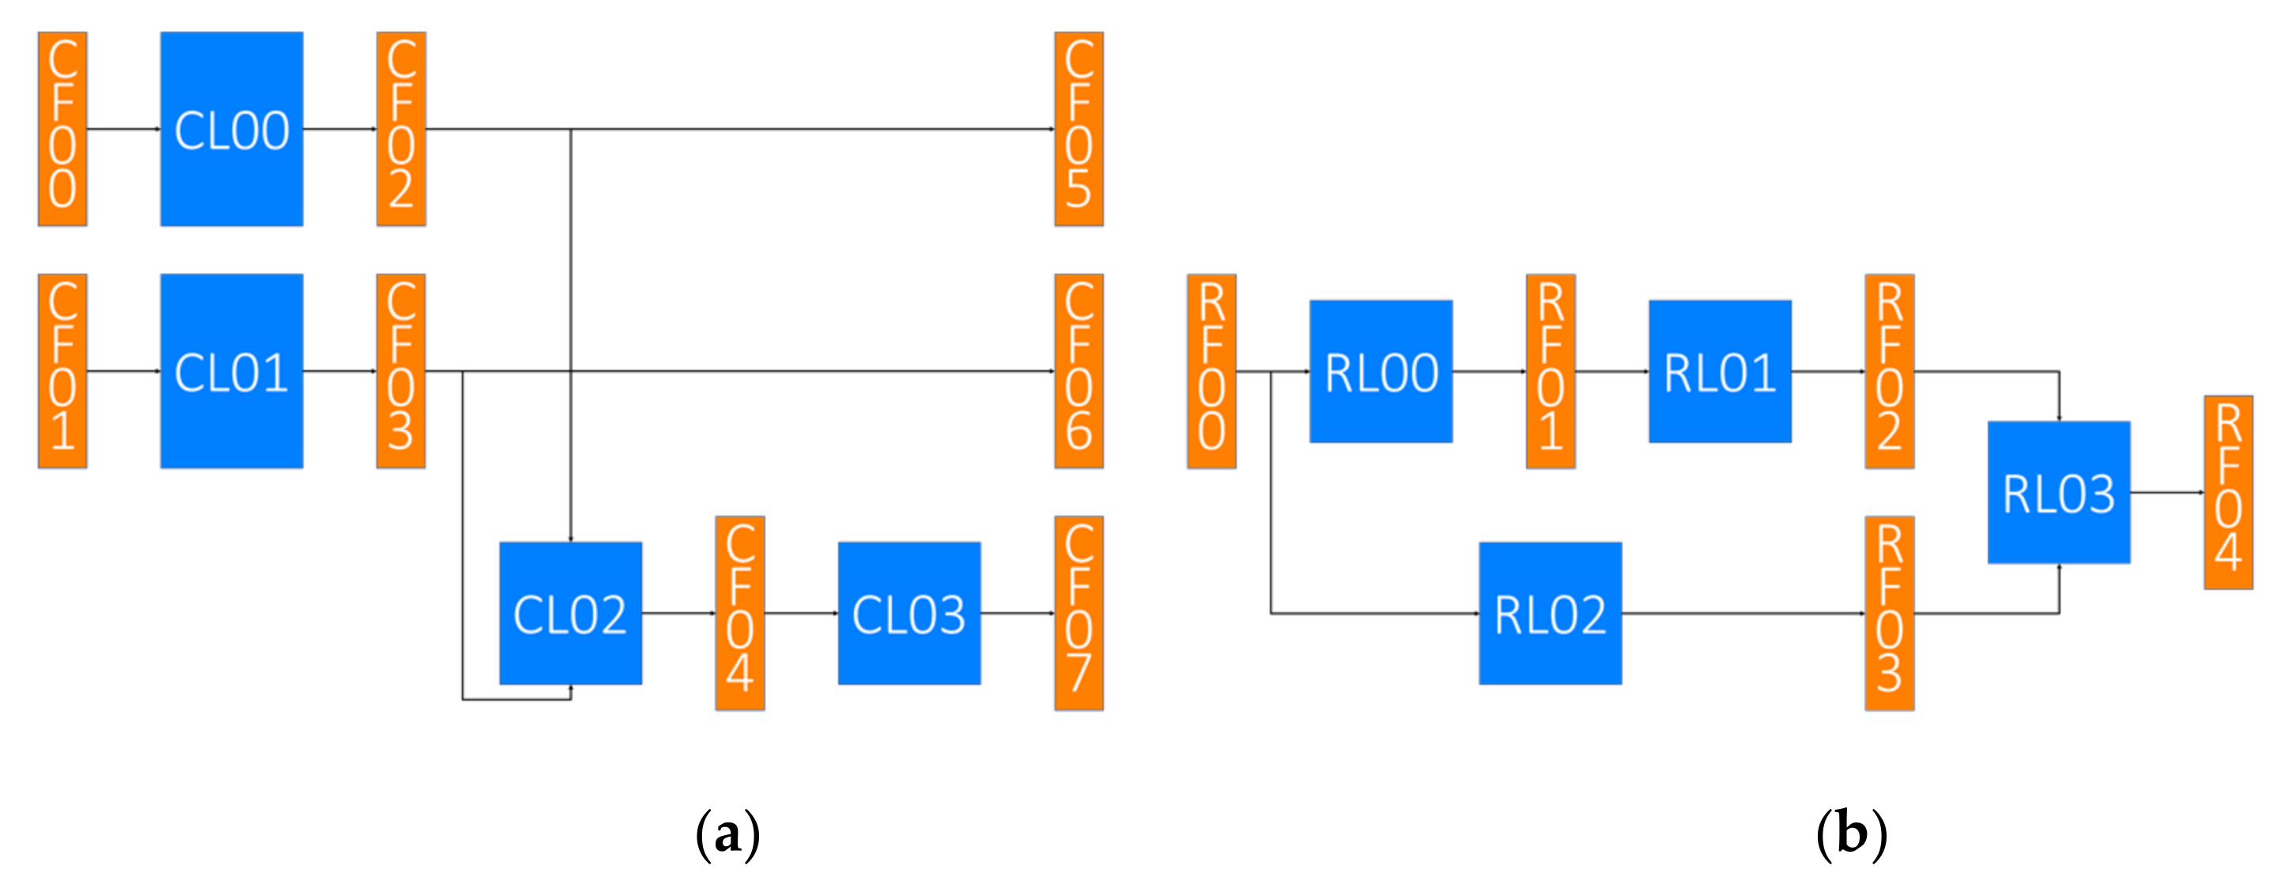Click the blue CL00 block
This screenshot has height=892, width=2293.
pyautogui.click(x=232, y=129)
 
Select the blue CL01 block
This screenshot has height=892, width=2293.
pyautogui.click(x=232, y=371)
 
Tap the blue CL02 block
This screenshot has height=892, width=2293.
pyautogui.click(x=571, y=614)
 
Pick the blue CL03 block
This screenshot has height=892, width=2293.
pyautogui.click(x=909, y=614)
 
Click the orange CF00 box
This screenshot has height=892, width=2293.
pyautogui.click(x=62, y=129)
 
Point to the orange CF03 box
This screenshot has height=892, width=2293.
pyautogui.click(x=401, y=371)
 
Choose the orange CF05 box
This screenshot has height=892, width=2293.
pyautogui.click(x=1079, y=129)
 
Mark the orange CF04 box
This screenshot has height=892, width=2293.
pyautogui.click(x=740, y=614)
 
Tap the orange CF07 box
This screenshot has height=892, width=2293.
pyautogui.click(x=1079, y=614)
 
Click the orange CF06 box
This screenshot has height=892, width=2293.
pyautogui.click(x=1079, y=371)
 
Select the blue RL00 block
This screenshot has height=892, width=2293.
pyautogui.click(x=1381, y=371)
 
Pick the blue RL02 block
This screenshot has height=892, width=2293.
pyautogui.click(x=1550, y=614)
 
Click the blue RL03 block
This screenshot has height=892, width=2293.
pyautogui.click(x=2059, y=493)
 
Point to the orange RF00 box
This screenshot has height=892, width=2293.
pyautogui.click(x=1211, y=371)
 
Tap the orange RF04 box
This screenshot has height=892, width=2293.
pyautogui.click(x=2228, y=493)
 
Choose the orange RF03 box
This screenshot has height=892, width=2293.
pyautogui.click(x=1890, y=614)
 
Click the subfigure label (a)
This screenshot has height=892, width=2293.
pyautogui.click(x=727, y=834)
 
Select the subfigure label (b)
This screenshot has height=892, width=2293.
pyautogui.click(x=1852, y=834)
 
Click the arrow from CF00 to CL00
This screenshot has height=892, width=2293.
pyautogui.click(x=123, y=129)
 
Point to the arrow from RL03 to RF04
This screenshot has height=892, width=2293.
pyautogui.click(x=2166, y=493)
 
